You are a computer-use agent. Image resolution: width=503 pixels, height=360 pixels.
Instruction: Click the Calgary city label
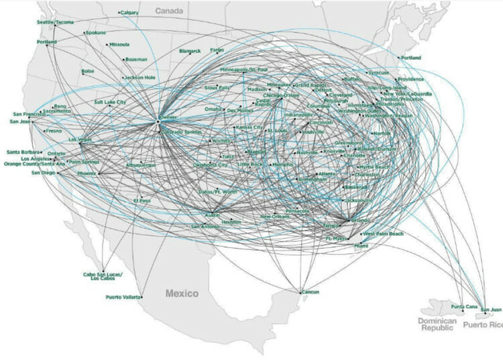coord(129,12)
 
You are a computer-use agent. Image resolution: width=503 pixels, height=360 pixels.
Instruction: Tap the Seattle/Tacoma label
coord(55,22)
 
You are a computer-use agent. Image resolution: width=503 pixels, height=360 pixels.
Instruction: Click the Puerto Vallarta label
coord(123,297)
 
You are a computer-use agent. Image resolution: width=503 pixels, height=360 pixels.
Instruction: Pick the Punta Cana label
coord(463,306)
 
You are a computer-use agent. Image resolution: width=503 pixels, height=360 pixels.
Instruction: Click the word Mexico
coord(182,294)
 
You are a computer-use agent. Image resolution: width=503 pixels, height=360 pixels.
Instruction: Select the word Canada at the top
coord(170,11)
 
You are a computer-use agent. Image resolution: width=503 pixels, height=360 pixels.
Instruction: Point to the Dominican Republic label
coord(438,325)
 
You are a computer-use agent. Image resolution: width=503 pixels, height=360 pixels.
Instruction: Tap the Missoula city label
coord(119,45)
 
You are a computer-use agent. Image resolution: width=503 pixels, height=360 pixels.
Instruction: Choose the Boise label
coord(88,71)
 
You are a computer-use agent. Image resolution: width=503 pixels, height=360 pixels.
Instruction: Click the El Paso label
coord(143,200)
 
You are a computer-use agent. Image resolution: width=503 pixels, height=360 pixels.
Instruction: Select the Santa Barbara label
coord(22,152)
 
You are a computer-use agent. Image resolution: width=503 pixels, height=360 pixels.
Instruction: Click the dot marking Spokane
coord(85,33)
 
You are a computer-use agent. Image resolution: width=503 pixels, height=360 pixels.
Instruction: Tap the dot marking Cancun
coord(300,292)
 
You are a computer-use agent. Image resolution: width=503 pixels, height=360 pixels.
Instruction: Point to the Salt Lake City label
coord(110,102)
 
